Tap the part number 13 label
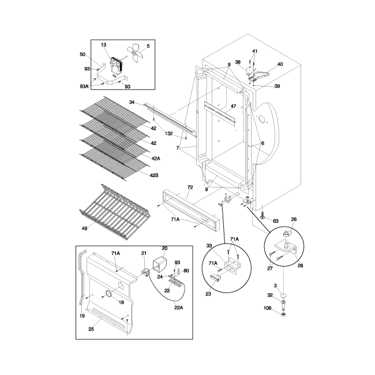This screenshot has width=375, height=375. point(104,45)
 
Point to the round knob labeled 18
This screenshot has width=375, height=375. point(107,295)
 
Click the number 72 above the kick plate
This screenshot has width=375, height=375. point(190,188)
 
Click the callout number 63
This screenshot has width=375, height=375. point(276,221)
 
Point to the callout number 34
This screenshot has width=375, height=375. point(132,102)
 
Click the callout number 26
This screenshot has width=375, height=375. point(293,219)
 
